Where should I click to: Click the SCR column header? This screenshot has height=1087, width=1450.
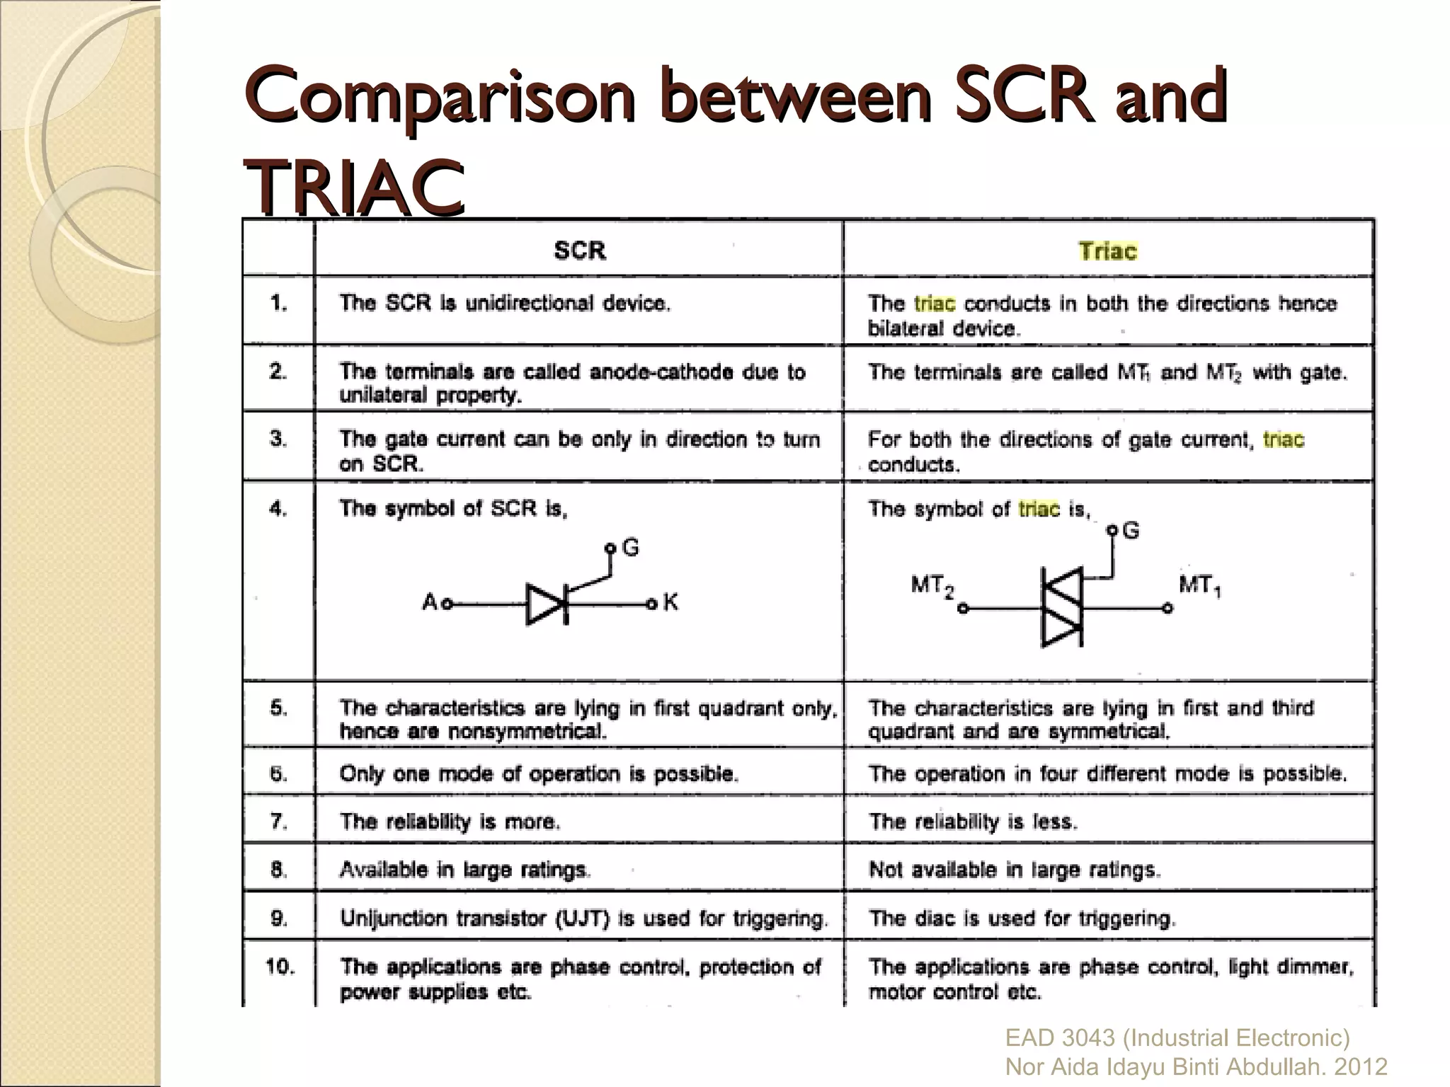pyautogui.click(x=579, y=251)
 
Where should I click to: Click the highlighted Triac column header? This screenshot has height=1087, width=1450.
pyautogui.click(x=1107, y=251)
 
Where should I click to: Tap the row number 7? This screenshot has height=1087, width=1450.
pyautogui.click(x=278, y=821)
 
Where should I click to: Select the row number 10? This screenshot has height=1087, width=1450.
pyautogui.click(x=280, y=966)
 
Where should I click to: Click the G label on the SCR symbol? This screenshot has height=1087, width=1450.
pyautogui.click(x=630, y=547)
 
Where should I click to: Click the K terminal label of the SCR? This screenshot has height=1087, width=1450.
pyautogui.click(x=670, y=602)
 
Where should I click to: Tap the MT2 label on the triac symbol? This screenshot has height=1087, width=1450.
pyautogui.click(x=932, y=586)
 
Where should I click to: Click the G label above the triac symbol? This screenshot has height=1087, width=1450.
pyautogui.click(x=1131, y=530)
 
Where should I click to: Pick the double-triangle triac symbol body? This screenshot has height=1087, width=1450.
pyautogui.click(x=1061, y=607)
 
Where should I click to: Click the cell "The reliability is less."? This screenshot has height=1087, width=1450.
pyautogui.click(x=973, y=822)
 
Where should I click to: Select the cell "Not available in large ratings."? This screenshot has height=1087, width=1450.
pyautogui.click(x=1014, y=869)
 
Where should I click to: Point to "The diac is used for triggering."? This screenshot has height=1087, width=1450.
pyautogui.click(x=1022, y=919)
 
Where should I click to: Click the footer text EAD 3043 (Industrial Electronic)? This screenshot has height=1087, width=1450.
pyautogui.click(x=1177, y=1037)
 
